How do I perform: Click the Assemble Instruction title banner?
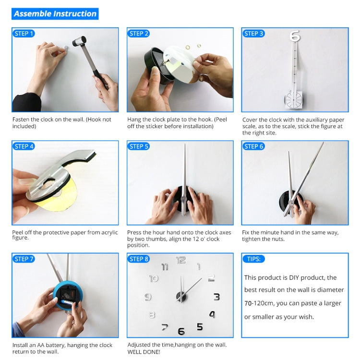pos(55,14)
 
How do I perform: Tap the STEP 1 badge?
pos(24,34)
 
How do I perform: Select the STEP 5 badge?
pos(138,146)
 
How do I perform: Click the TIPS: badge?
pos(254,259)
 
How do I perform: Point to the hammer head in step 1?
pos(79,41)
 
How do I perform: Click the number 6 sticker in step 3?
pos(295,36)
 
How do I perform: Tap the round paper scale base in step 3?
pos(293,100)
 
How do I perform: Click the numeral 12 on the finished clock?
pos(181,260)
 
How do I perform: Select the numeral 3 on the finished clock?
pos(217,297)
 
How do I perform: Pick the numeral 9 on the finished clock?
pos(148,297)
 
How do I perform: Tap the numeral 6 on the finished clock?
pos(181,331)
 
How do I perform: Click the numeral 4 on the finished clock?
pos(212,314)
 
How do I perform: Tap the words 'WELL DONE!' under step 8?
pos(144,352)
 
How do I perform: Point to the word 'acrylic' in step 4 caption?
pos(109,232)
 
